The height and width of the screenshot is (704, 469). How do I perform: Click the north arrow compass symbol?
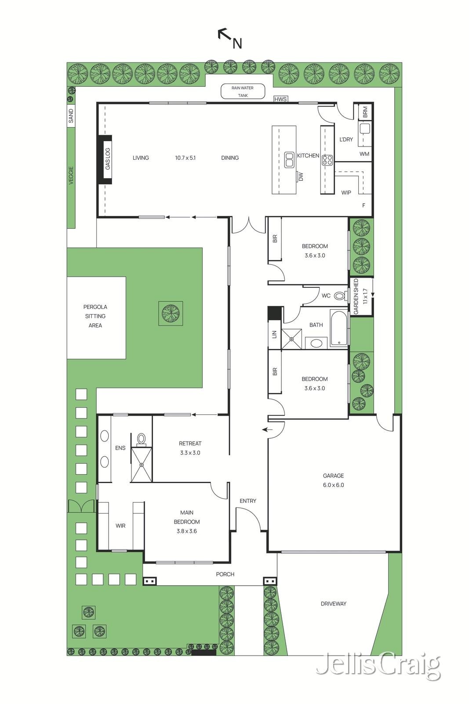click(x=229, y=38)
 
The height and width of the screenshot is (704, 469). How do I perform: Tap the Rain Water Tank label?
click(x=243, y=91)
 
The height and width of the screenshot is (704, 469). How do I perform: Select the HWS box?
click(x=280, y=99)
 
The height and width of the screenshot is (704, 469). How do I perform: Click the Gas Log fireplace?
click(x=107, y=159)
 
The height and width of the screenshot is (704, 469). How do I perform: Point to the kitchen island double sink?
click(x=289, y=160)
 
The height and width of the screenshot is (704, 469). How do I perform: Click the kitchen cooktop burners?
click(x=327, y=160)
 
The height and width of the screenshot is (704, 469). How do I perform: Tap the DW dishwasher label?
click(x=301, y=176)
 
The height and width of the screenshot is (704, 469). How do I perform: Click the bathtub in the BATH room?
click(x=338, y=328)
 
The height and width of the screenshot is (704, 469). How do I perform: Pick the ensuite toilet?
click(x=141, y=439)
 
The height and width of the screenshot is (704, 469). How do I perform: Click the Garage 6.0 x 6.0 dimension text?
click(x=333, y=485)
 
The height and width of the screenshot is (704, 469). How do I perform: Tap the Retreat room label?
click(x=190, y=444)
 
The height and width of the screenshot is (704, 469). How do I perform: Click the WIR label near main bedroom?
click(x=120, y=526)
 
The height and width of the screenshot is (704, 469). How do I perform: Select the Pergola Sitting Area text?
click(x=95, y=316)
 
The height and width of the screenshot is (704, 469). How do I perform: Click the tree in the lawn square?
click(x=171, y=313)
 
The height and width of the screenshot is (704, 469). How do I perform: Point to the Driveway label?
click(x=333, y=604)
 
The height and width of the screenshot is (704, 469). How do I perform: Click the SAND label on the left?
click(x=71, y=116)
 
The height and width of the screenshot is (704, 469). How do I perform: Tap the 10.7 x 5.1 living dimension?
click(x=185, y=158)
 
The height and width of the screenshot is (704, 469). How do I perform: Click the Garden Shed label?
click(x=356, y=296)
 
